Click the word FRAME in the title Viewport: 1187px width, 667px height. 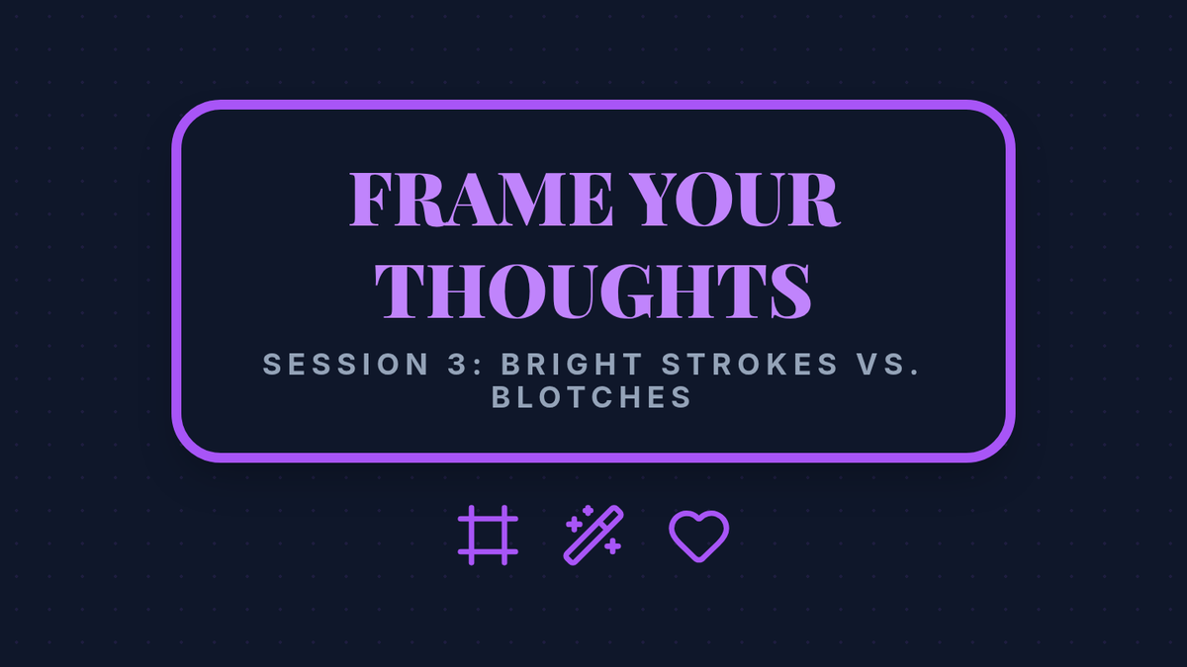point(481,200)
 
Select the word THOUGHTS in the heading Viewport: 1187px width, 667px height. point(593,291)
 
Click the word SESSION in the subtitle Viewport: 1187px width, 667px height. point(346,365)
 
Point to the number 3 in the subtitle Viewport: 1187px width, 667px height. point(457,365)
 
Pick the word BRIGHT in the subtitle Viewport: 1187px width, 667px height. point(573,365)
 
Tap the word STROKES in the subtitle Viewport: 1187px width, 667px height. point(750,365)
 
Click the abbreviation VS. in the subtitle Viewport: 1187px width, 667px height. point(888,365)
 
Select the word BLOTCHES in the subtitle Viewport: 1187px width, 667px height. point(592,397)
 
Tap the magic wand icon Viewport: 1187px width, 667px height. point(593,536)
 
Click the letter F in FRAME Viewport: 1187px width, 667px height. point(369,200)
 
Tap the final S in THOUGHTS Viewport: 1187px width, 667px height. point(790,291)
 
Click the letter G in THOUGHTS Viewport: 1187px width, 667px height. point(625,291)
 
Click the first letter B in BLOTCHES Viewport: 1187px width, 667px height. point(502,397)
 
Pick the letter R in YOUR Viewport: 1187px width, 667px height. point(813,200)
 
